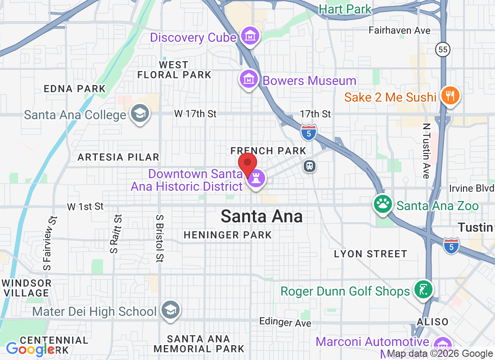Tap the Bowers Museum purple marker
[x=248, y=79]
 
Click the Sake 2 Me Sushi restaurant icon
[x=449, y=95]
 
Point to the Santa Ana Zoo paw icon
[x=383, y=204]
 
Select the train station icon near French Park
[x=310, y=166]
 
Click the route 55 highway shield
[x=442, y=50]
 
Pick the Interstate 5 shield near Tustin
[x=451, y=245]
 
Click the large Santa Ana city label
[x=261, y=217]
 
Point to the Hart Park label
[x=345, y=9]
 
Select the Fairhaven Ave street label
[x=400, y=31]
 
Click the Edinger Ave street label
[x=285, y=322]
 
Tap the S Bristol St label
[x=160, y=238]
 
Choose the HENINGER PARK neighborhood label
[x=228, y=235]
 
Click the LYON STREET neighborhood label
[x=370, y=254]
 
